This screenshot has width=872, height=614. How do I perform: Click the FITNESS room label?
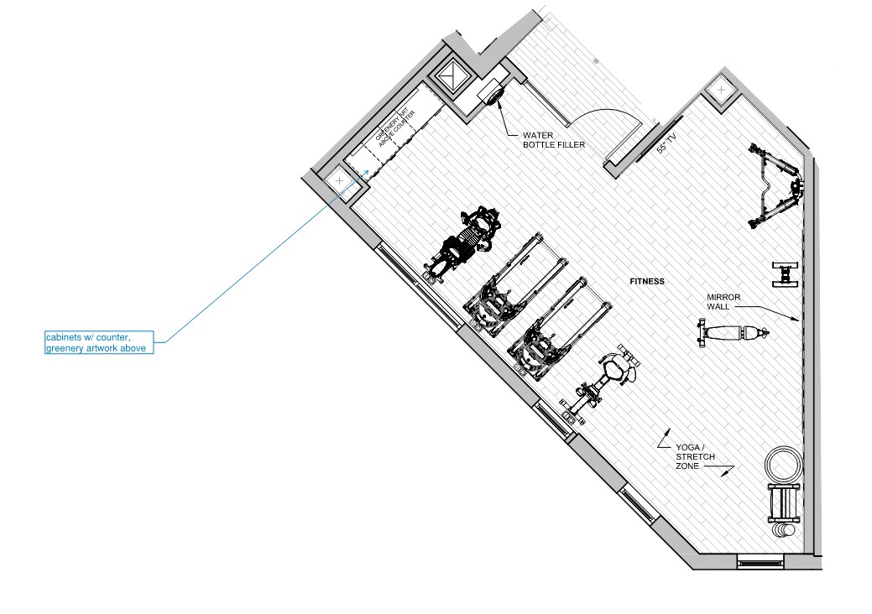click(x=647, y=281)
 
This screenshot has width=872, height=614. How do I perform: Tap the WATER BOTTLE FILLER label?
click(x=554, y=140)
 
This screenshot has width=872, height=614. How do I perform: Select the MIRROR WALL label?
click(x=723, y=302)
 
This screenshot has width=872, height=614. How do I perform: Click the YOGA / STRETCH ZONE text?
click(x=695, y=457)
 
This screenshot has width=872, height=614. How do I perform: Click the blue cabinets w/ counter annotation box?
click(x=99, y=342)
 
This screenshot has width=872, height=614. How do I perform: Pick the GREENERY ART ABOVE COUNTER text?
click(x=394, y=127)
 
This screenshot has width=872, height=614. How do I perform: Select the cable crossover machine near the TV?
click(x=775, y=185)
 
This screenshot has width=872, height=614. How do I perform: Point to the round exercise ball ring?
click(x=784, y=464)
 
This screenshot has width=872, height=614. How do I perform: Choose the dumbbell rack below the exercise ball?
click(x=784, y=503)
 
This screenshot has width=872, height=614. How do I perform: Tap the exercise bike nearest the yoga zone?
click(x=603, y=382)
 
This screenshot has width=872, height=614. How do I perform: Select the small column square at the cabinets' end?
click(x=339, y=180)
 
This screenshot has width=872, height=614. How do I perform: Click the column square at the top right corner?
click(x=721, y=90)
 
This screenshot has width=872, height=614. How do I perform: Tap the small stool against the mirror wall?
click(x=786, y=274)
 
